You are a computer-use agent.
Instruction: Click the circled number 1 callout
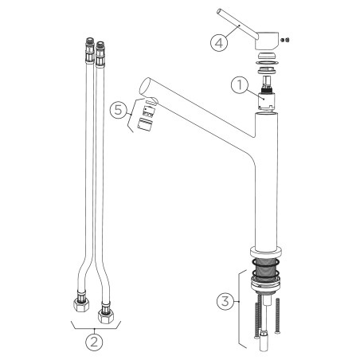240,85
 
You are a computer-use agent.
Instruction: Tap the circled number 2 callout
94,342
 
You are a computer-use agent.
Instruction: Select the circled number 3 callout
225,301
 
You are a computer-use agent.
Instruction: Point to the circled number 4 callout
219,42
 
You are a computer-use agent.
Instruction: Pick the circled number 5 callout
119,110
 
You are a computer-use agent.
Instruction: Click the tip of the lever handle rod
219,11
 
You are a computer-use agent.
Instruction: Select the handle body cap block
267,41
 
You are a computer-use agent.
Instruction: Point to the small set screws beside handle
285,40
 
